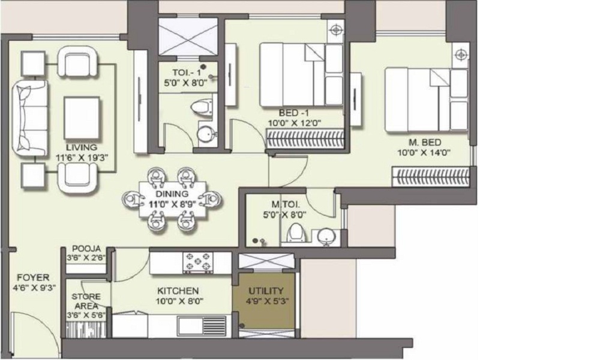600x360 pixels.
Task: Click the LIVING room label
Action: pyautogui.click(x=82, y=148)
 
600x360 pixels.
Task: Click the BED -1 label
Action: pyautogui.click(x=295, y=113)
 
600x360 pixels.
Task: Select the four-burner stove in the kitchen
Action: pyautogui.click(x=199, y=262)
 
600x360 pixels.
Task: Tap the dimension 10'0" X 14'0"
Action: pyautogui.click(x=424, y=152)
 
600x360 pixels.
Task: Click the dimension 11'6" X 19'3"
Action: pyautogui.click(x=82, y=158)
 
